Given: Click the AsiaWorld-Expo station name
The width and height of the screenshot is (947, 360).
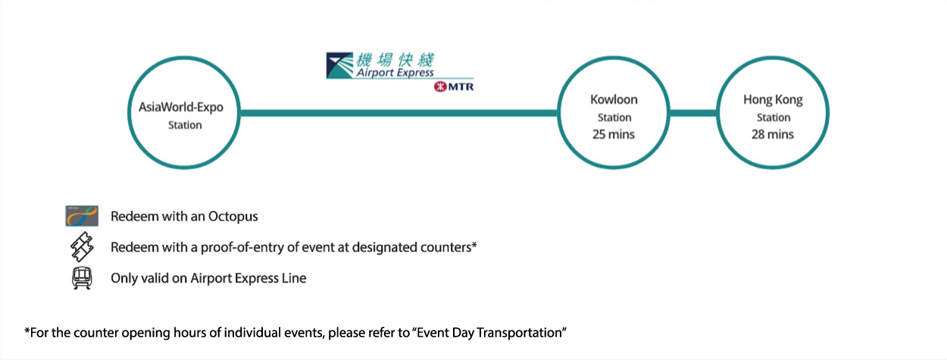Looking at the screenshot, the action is [x=181, y=107].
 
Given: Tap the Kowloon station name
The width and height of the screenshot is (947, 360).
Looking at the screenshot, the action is [x=614, y=99].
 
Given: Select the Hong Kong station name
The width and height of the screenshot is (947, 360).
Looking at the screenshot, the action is [x=773, y=100].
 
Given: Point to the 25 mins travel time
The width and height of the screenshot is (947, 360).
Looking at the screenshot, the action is [x=614, y=134].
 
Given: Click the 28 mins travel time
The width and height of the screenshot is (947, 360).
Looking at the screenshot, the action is [x=773, y=134].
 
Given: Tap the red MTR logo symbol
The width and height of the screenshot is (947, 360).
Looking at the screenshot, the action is [x=440, y=86].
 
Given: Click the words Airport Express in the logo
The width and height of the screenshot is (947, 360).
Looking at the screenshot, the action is [x=395, y=72].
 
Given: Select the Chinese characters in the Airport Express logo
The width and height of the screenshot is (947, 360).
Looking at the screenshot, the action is [x=395, y=60].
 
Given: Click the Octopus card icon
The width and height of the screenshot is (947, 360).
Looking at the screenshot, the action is [x=82, y=216].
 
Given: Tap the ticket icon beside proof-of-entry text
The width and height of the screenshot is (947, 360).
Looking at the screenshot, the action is [x=82, y=246].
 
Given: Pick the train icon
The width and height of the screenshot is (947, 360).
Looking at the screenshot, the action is [x=82, y=278].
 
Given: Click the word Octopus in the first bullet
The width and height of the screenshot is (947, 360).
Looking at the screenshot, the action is [x=233, y=216].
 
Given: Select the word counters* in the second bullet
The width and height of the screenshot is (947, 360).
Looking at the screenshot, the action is [x=448, y=246].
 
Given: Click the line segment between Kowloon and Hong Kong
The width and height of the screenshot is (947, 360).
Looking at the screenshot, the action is [x=693, y=113].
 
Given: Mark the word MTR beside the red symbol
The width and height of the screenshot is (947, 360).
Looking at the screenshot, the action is [x=461, y=86].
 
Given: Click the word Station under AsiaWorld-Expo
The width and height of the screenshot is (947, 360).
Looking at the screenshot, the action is [x=185, y=125].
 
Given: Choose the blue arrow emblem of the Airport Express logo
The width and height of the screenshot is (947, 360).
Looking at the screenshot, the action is [x=339, y=65].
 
